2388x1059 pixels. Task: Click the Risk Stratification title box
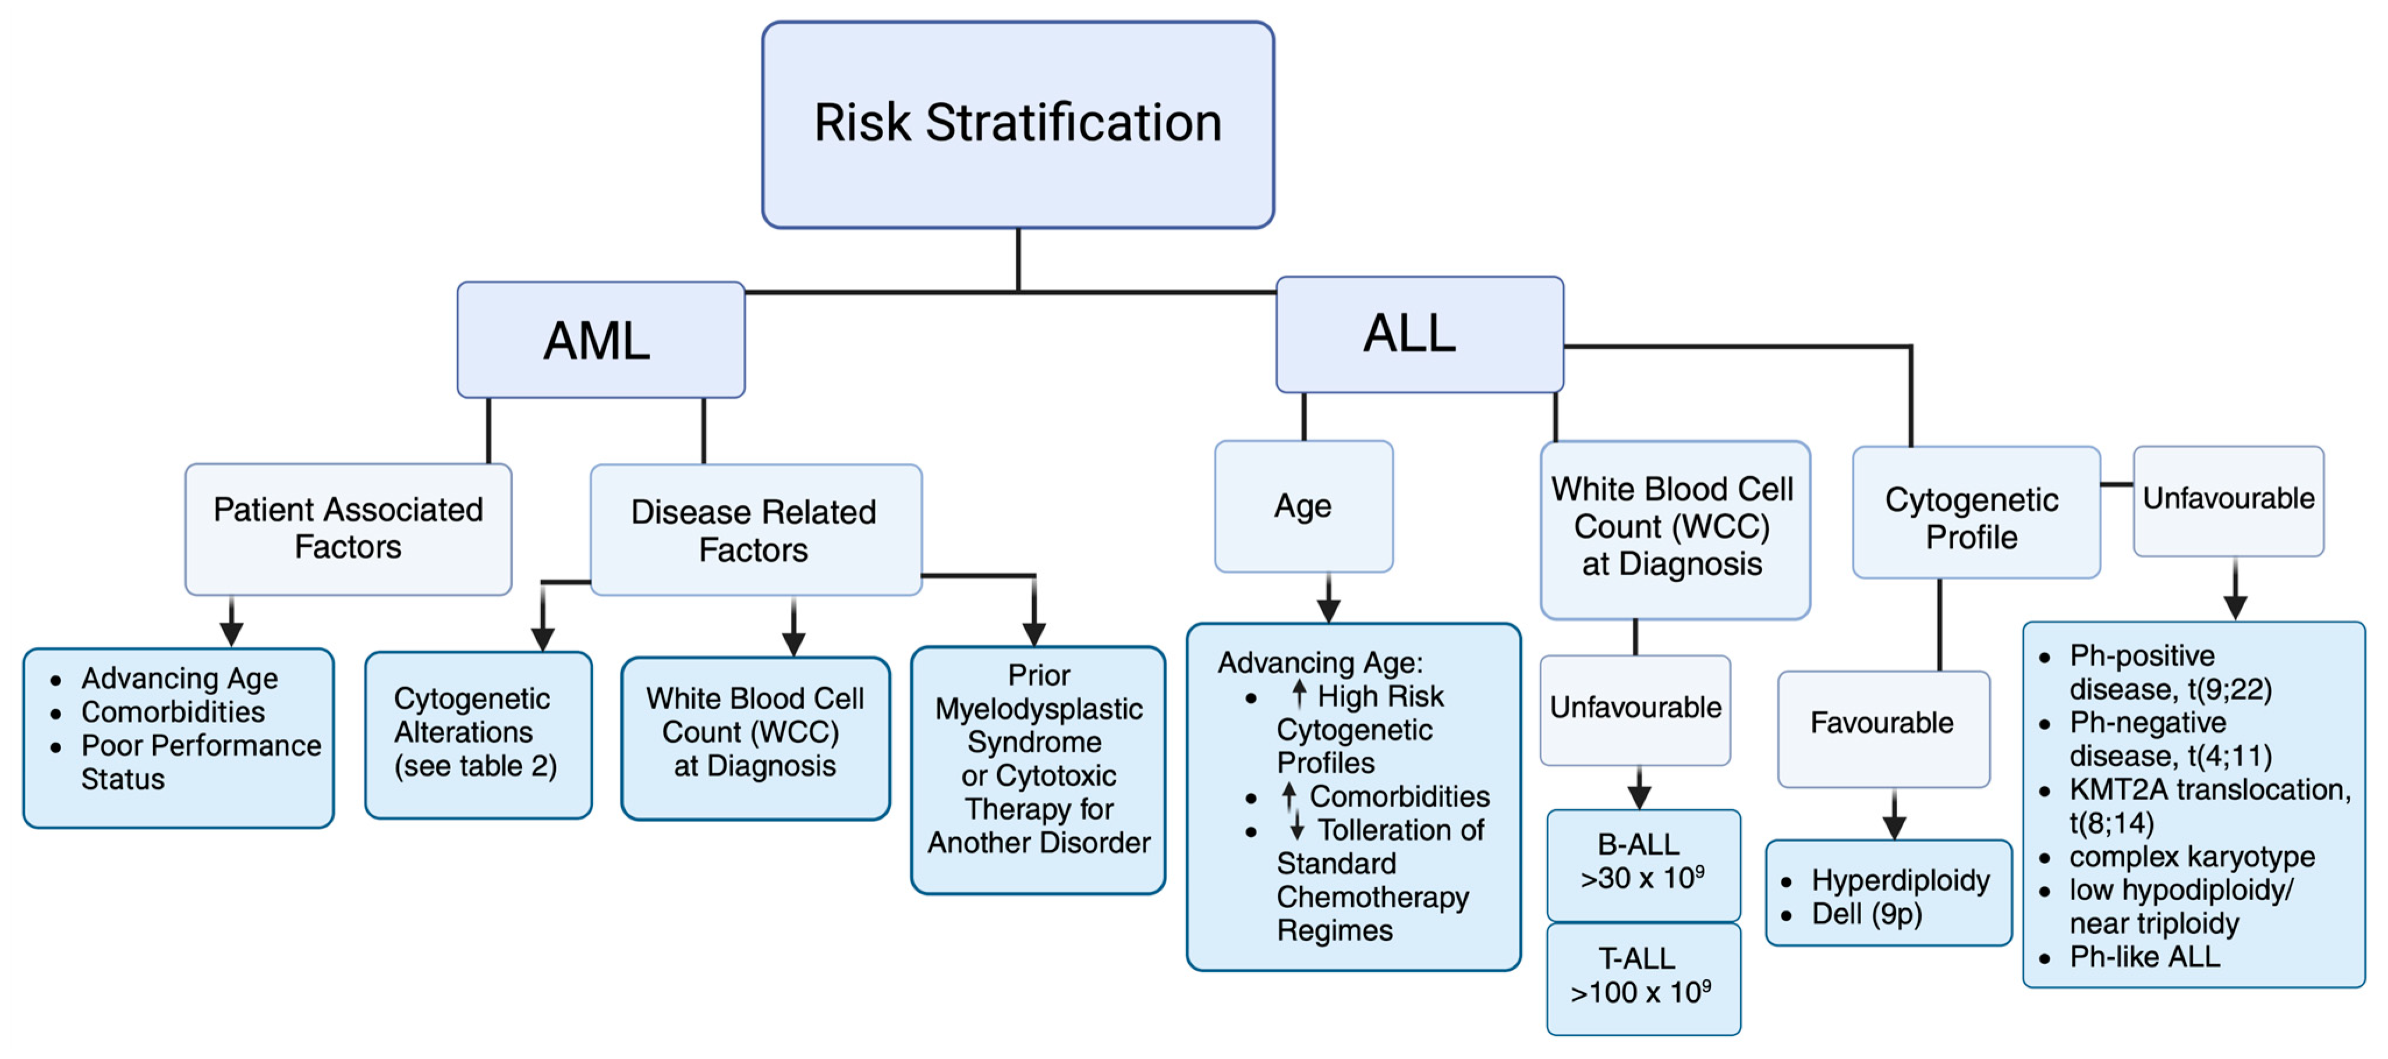[x=1017, y=124]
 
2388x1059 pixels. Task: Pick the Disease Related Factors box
[x=754, y=530]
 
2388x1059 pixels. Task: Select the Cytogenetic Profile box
[x=1975, y=513]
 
